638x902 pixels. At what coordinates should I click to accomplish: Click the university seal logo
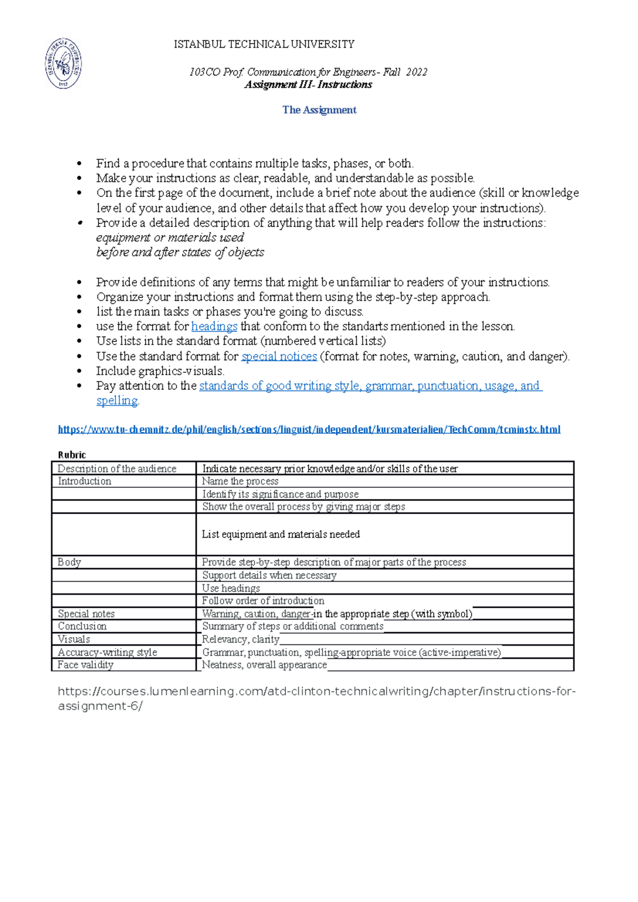[x=63, y=63]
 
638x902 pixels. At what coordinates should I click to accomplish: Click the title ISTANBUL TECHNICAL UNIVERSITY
[x=264, y=44]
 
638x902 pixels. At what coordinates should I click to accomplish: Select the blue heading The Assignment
[x=319, y=110]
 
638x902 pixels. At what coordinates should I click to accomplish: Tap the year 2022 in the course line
[x=416, y=72]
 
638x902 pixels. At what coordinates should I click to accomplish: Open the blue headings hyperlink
[x=214, y=326]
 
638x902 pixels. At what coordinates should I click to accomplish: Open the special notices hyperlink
[x=279, y=356]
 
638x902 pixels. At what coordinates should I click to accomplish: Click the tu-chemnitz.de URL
[x=309, y=429]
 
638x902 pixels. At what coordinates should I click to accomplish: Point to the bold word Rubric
[x=72, y=455]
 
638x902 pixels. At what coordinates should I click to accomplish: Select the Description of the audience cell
[x=117, y=469]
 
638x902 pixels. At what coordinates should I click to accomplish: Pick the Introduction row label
[x=85, y=481]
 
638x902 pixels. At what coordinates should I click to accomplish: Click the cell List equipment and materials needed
[x=281, y=534]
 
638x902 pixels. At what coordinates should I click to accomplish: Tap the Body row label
[x=69, y=562]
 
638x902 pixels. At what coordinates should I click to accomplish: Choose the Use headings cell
[x=231, y=588]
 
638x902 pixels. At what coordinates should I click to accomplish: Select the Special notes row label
[x=86, y=614]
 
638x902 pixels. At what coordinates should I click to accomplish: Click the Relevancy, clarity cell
[x=240, y=640]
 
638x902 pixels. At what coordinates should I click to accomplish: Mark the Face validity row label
[x=86, y=665]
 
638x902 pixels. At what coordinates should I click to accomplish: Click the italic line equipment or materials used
[x=170, y=237]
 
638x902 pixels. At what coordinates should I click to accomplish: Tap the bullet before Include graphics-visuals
[x=80, y=372]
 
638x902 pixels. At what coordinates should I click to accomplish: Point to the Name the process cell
[x=240, y=481]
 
